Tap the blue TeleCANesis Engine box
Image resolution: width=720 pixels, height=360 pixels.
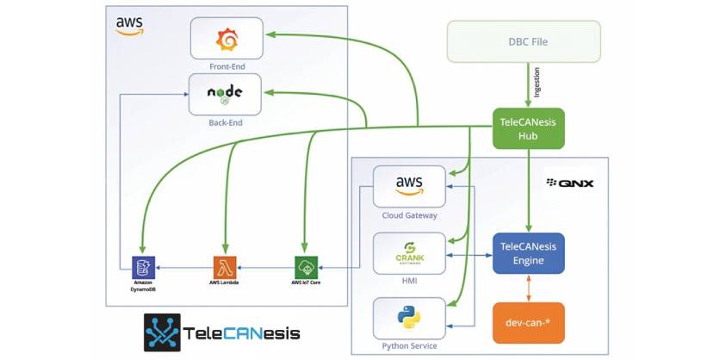tap(528, 252)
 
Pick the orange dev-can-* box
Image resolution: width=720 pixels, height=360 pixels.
tap(528, 325)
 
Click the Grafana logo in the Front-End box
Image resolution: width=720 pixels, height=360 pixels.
tap(227, 40)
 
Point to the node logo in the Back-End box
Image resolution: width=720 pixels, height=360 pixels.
tap(225, 94)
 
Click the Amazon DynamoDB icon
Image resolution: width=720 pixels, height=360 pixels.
tap(141, 265)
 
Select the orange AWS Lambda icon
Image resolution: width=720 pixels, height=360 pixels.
tap(223, 265)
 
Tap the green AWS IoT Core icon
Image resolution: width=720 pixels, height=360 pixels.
tap(306, 265)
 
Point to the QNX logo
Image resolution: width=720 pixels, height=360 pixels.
tap(570, 183)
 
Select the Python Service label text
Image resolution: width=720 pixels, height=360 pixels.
tap(409, 346)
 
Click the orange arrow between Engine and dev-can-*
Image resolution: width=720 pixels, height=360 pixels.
tap(528, 289)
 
